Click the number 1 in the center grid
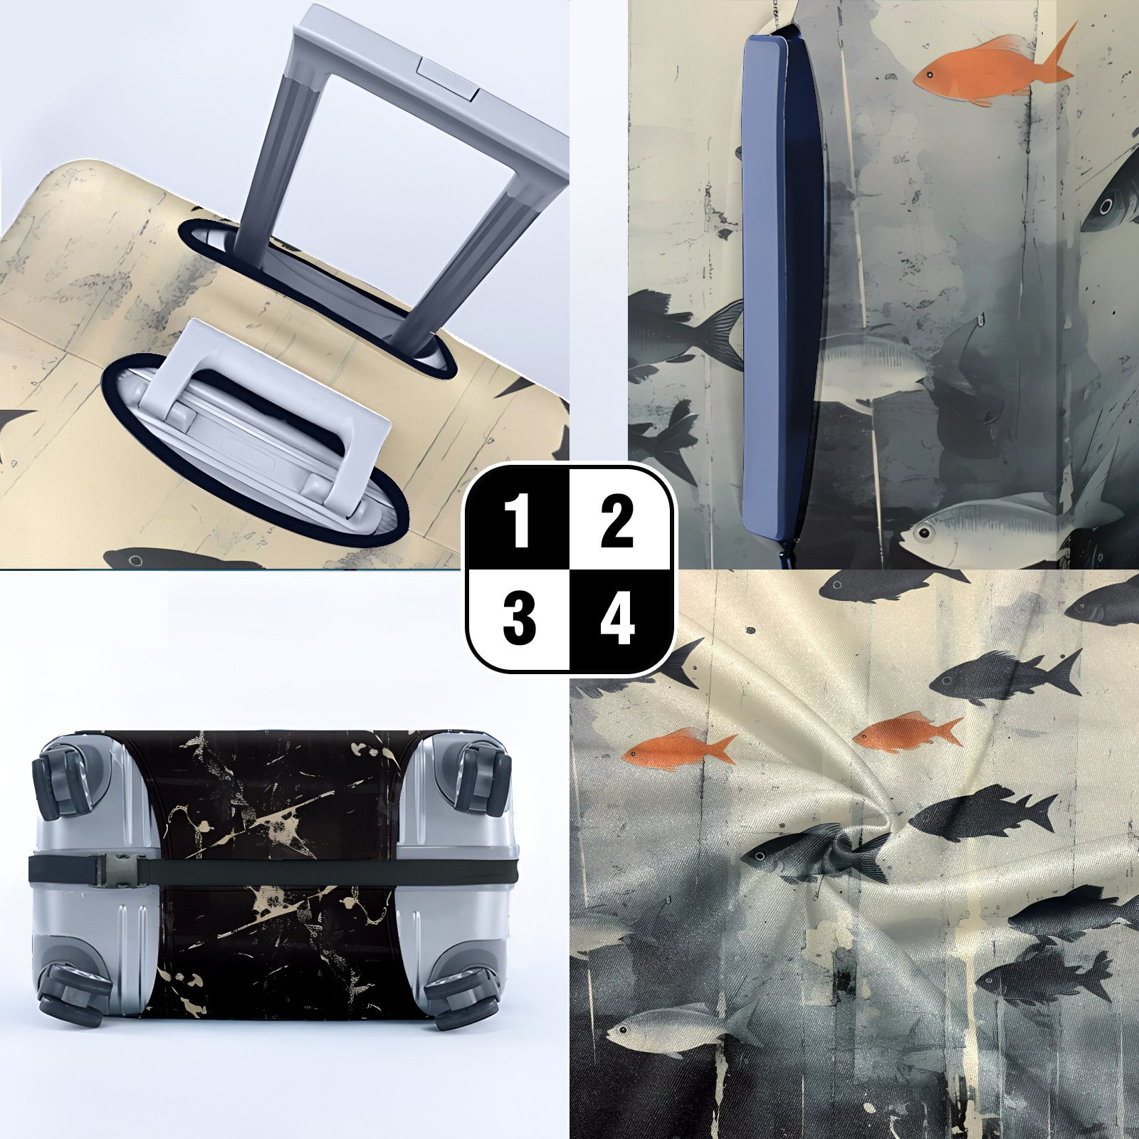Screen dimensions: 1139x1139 coord(520,523)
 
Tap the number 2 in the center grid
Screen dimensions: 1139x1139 coord(616,523)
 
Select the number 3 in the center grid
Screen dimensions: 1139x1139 coord(520,617)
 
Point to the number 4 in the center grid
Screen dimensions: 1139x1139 coord(617,617)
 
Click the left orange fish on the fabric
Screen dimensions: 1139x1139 coord(680,749)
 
